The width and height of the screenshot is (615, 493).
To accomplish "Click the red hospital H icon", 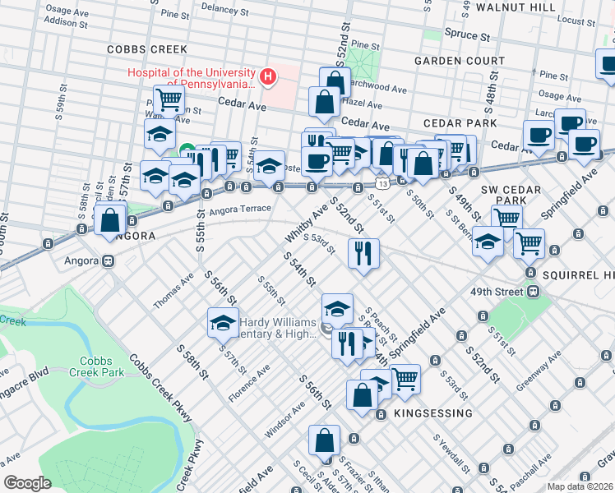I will (x=267, y=77).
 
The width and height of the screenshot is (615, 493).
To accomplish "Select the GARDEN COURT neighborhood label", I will (x=460, y=61).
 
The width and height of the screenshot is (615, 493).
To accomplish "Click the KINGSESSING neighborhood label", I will (x=432, y=412).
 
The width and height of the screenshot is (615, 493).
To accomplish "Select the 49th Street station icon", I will (x=534, y=291).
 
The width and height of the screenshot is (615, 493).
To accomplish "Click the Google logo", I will (x=27, y=483).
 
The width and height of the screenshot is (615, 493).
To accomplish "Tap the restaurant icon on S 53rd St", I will (x=363, y=251).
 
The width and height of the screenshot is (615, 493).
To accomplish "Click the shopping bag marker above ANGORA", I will (x=109, y=220).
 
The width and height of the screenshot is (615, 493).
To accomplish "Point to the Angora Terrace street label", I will (x=240, y=209).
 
